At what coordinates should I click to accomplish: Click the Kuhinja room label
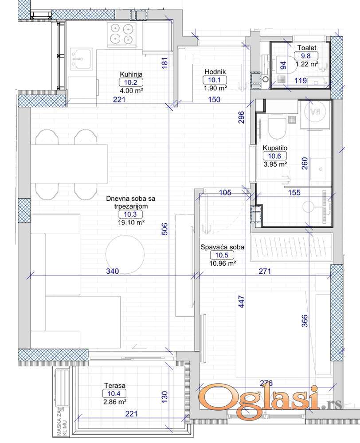(x=131, y=74)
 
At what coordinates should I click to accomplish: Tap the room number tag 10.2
(x=131, y=82)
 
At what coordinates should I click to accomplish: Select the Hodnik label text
(x=215, y=72)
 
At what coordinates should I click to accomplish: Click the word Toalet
(x=306, y=48)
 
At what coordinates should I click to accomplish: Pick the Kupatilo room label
(x=275, y=148)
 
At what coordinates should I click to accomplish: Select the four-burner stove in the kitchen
(x=122, y=34)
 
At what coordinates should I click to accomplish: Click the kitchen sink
(x=81, y=59)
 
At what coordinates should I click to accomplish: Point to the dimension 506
(x=165, y=229)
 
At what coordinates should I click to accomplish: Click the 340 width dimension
(x=112, y=271)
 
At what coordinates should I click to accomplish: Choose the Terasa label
(x=115, y=385)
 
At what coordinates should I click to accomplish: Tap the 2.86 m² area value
(x=115, y=401)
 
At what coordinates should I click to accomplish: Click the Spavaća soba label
(x=222, y=247)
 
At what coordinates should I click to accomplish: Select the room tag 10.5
(x=222, y=255)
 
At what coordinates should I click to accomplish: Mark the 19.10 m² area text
(x=131, y=222)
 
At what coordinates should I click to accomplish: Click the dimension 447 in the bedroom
(x=241, y=301)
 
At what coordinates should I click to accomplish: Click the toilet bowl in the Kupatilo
(x=277, y=127)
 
